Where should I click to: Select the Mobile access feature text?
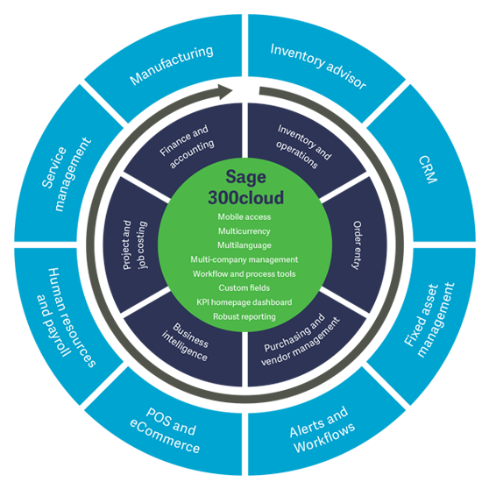(x=244, y=216)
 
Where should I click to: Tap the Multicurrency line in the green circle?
(x=244, y=230)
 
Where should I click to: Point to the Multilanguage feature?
(x=244, y=244)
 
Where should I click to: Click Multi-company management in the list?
(x=244, y=259)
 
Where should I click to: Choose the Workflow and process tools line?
(x=244, y=273)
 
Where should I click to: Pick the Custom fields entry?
(x=244, y=287)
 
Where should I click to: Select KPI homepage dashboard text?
(x=244, y=301)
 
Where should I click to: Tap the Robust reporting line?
(x=244, y=315)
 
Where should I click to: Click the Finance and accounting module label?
(x=186, y=144)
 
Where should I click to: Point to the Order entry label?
(x=358, y=244)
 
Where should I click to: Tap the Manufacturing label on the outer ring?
(x=172, y=66)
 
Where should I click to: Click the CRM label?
(x=428, y=169)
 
